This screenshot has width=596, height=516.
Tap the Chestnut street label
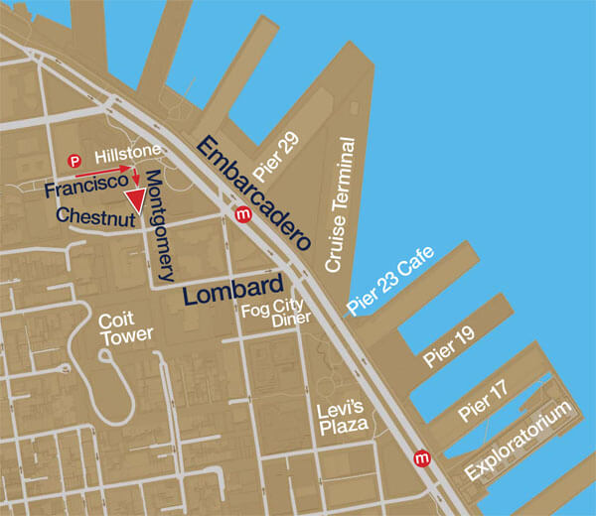[95, 214]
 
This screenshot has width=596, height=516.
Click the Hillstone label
[124, 157]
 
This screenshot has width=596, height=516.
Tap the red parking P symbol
[74, 160]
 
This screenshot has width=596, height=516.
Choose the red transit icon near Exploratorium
[424, 457]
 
